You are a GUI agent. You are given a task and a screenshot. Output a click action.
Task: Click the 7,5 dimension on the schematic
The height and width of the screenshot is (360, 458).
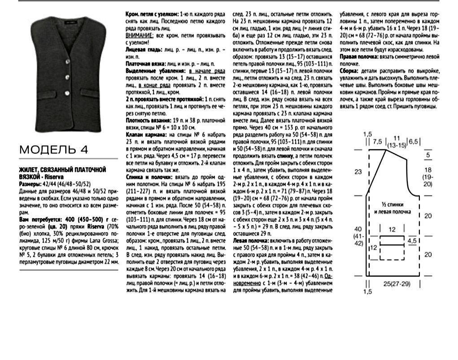377,142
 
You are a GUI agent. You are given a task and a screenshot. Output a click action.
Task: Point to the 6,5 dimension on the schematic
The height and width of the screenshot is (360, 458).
413,142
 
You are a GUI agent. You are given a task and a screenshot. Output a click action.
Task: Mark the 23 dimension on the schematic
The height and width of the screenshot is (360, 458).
358,171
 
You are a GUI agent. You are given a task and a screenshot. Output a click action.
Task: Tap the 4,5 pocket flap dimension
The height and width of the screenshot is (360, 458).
411,240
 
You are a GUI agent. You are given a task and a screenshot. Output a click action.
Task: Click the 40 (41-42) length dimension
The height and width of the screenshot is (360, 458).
358,236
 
